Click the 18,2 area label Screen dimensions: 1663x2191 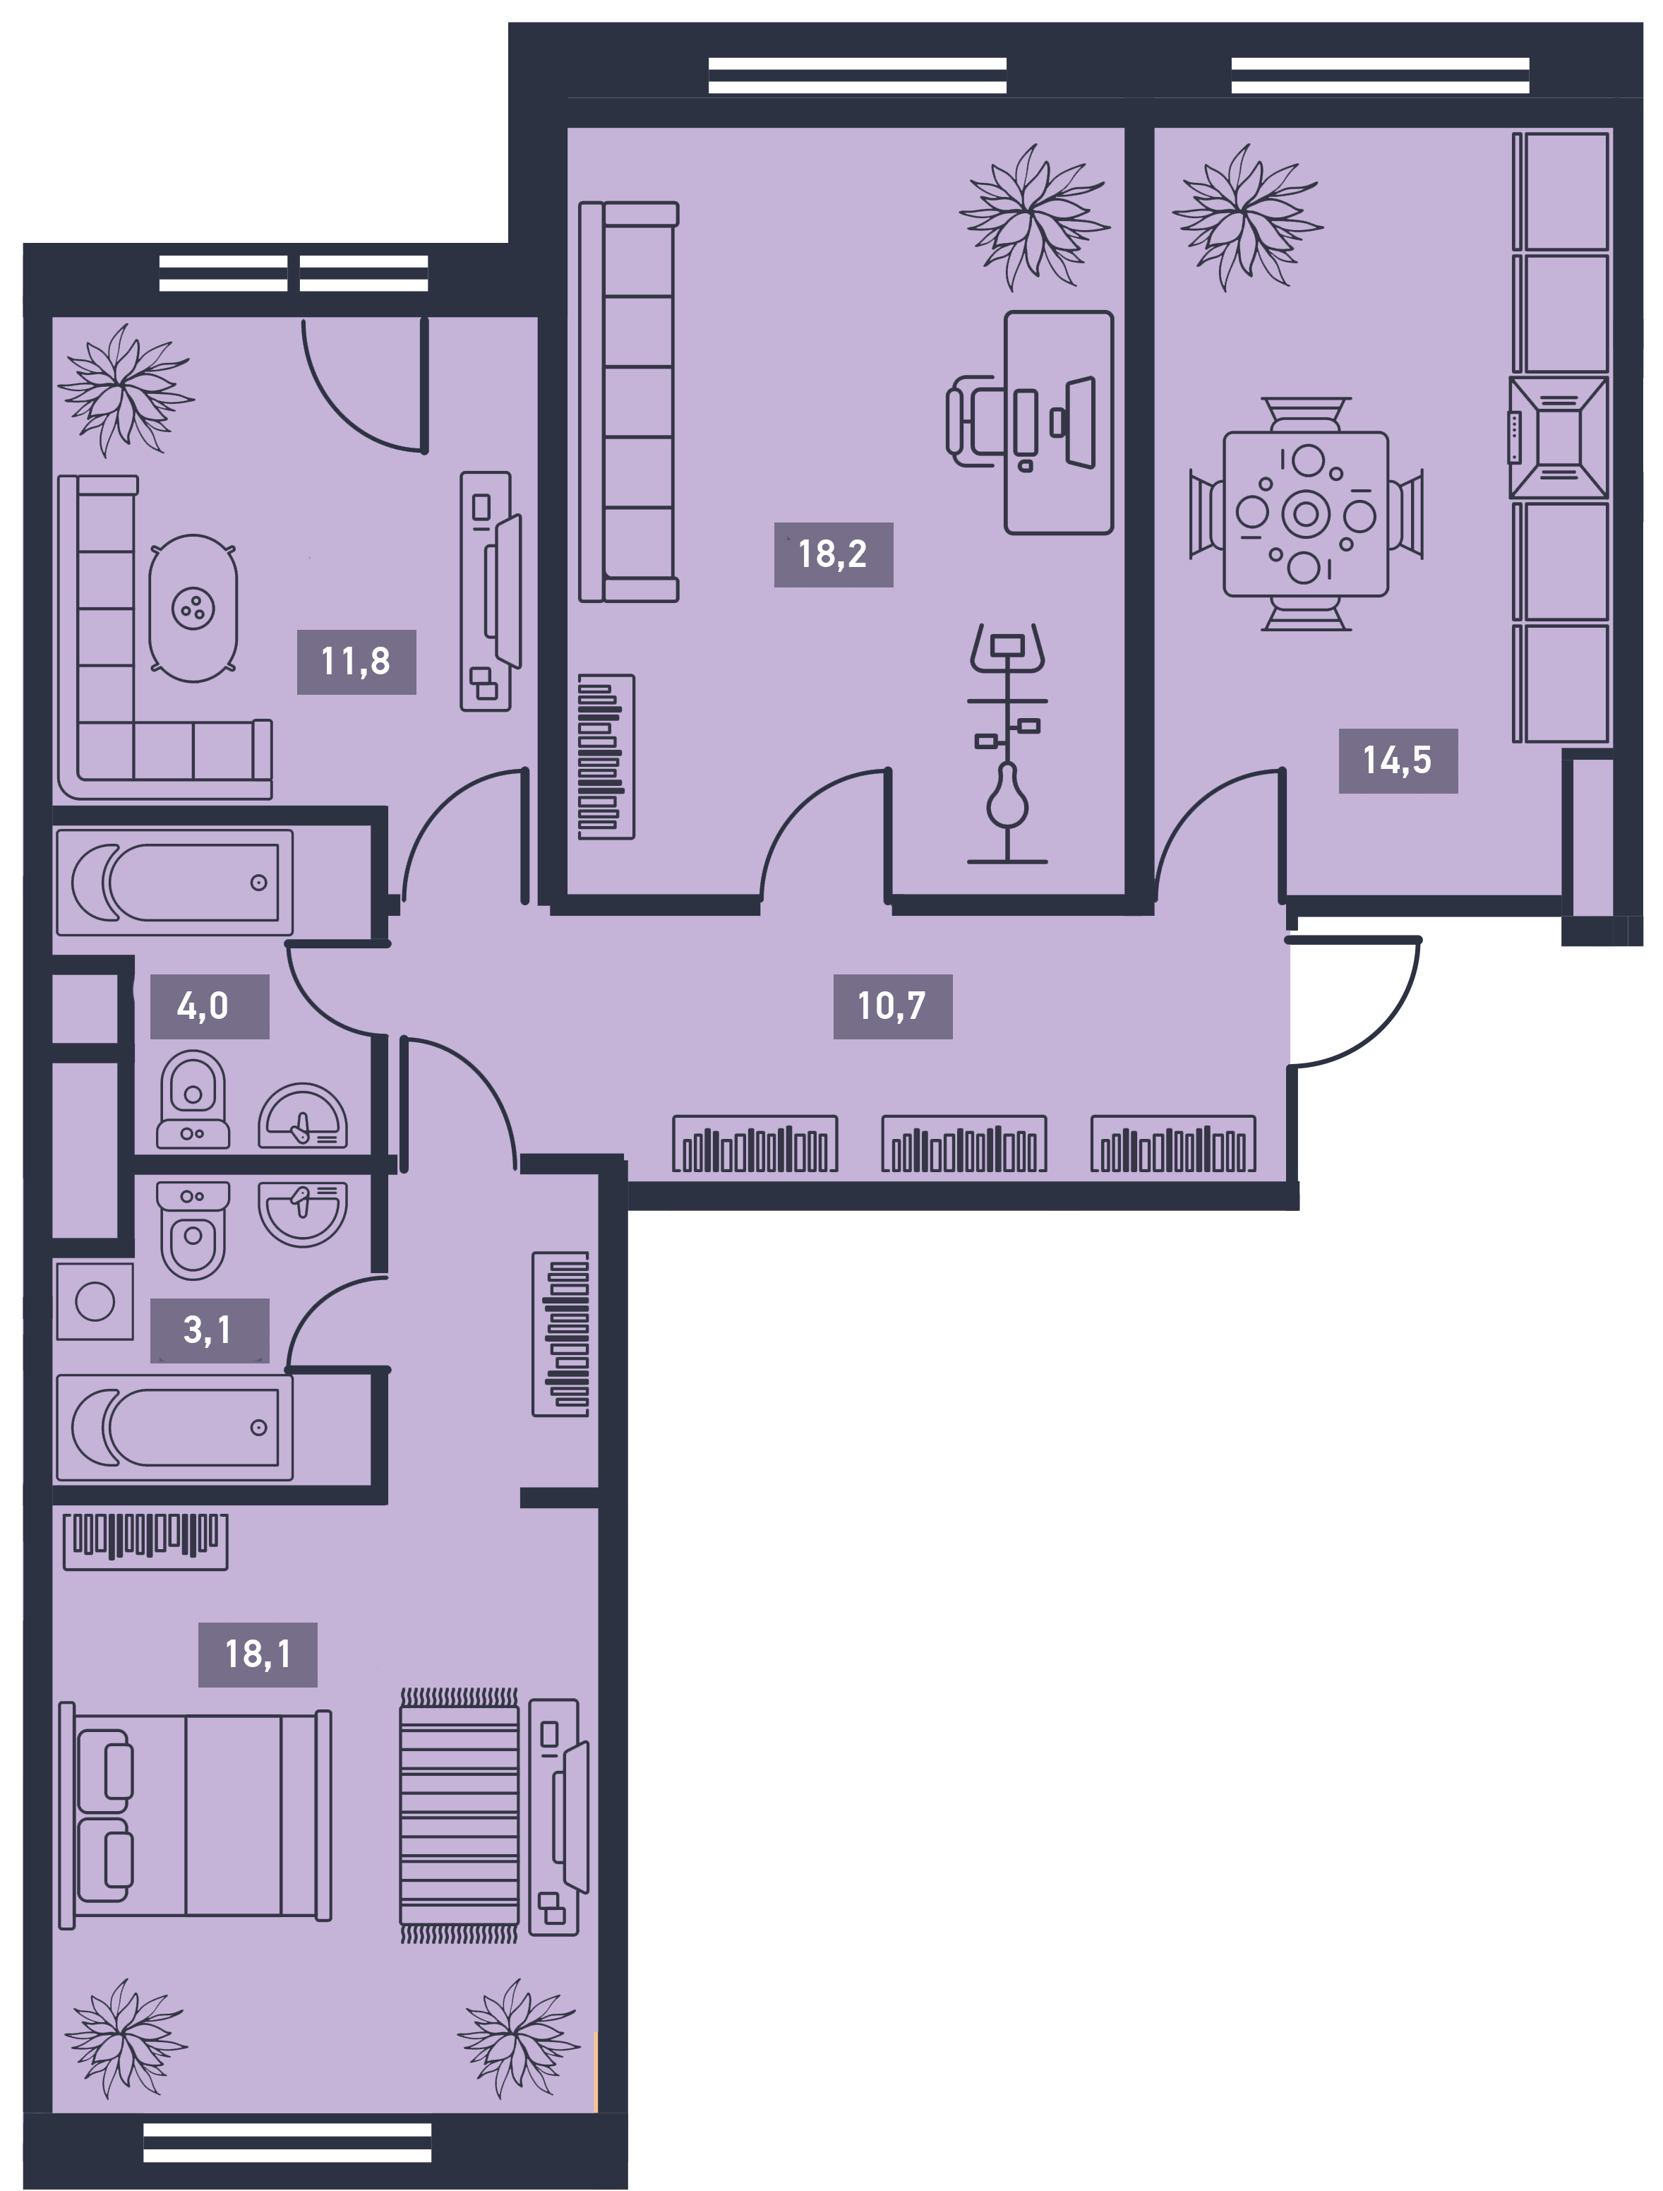click(x=833, y=555)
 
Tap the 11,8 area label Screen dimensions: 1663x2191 click(x=356, y=662)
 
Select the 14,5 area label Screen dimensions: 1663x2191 click(x=1398, y=760)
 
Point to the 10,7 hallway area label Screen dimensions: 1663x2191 click(x=892, y=1006)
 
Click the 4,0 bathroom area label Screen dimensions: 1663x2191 click(x=209, y=1006)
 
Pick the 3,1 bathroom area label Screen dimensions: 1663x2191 click(x=209, y=1330)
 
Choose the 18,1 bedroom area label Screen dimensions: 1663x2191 click(x=258, y=1654)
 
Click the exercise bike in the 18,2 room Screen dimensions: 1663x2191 click(x=1007, y=743)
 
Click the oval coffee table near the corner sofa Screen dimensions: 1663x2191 click(x=193, y=608)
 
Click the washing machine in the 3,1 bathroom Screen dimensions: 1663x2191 click(x=95, y=1301)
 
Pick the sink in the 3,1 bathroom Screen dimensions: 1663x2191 click(x=303, y=1212)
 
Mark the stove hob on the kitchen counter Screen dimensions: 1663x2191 click(x=1558, y=437)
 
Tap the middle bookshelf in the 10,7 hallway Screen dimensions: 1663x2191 click(x=963, y=1144)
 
